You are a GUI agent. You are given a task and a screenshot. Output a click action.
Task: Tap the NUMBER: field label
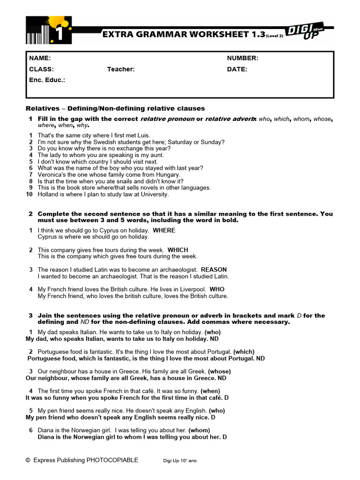(x=242, y=58)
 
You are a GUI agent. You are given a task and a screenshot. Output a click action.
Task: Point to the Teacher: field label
(x=120, y=69)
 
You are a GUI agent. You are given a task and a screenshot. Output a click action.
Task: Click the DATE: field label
(x=237, y=69)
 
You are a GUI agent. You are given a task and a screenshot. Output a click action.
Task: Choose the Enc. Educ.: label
(x=47, y=80)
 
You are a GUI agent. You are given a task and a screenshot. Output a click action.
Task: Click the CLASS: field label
(x=41, y=69)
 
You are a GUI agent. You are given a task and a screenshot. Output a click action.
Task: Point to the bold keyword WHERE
(x=164, y=231)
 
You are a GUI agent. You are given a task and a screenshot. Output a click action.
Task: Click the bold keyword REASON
(x=214, y=270)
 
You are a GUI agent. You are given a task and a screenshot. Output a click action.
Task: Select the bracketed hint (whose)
(x=219, y=371)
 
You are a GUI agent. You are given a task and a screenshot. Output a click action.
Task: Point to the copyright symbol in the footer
(x=28, y=460)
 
